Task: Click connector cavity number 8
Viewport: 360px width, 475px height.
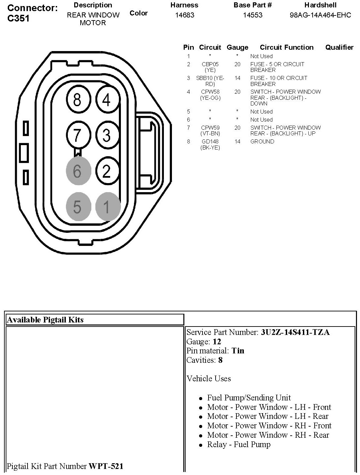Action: [x=77, y=100]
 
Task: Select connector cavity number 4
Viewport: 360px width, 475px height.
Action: [x=107, y=100]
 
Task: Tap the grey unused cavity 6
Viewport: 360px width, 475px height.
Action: [x=78, y=171]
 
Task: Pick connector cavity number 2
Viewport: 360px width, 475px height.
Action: [x=107, y=171]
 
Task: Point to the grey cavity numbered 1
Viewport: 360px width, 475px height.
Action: [x=107, y=207]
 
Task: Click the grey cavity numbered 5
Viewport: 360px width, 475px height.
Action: [x=78, y=207]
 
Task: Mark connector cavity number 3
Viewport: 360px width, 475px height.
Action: [x=107, y=135]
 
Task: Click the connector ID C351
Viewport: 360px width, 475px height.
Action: [x=18, y=18]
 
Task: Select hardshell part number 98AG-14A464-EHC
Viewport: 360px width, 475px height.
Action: [x=320, y=15]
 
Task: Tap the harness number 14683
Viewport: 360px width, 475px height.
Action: [x=184, y=15]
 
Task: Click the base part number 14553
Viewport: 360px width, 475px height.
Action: [x=253, y=15]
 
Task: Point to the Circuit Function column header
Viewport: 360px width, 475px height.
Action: [x=286, y=47]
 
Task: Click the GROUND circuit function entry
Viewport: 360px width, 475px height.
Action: [x=262, y=141]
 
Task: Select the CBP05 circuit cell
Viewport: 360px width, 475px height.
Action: [x=210, y=64]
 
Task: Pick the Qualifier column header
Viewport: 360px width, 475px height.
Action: [x=339, y=47]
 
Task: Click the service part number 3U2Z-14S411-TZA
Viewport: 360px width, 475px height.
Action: [x=295, y=332]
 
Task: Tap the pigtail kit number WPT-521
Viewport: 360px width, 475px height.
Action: [x=106, y=466]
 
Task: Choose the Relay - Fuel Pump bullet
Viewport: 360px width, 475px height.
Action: [x=238, y=444]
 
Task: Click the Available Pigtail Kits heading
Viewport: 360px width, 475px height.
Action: [x=45, y=320]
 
